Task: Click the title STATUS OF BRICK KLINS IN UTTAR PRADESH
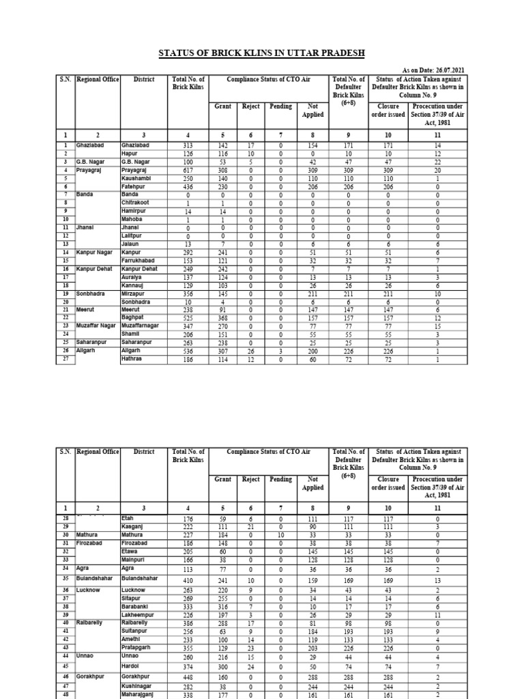tap(262, 53)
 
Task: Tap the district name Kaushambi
tap(136, 177)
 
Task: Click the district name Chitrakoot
tap(135, 203)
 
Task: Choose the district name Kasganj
tap(133, 528)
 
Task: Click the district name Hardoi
tap(131, 666)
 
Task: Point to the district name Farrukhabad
tap(139, 260)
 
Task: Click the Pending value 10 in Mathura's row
tap(280, 536)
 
